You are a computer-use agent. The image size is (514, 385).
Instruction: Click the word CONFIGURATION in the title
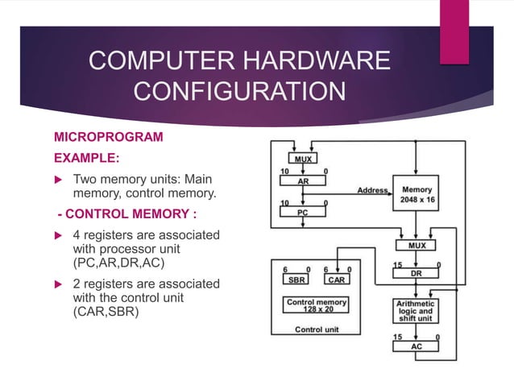click(239, 91)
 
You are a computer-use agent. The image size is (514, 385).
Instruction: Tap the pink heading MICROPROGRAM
click(108, 137)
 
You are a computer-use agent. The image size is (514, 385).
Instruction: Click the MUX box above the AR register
click(303, 159)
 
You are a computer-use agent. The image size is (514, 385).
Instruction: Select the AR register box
click(303, 182)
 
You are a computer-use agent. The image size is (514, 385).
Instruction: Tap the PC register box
click(303, 212)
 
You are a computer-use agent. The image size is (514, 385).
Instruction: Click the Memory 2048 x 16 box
click(417, 195)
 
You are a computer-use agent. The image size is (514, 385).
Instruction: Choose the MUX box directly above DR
click(416, 244)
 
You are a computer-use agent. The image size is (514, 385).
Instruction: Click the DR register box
click(416, 274)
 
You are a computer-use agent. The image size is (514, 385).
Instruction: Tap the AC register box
click(416, 346)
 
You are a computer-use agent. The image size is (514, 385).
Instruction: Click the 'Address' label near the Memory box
click(372, 191)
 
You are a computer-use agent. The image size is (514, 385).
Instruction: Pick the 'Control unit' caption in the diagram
click(317, 329)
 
